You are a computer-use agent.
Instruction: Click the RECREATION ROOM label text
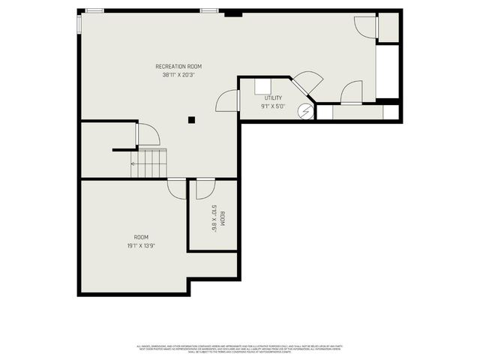(x=178, y=67)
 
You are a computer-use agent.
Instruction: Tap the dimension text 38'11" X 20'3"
(x=178, y=75)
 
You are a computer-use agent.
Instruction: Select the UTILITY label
(x=273, y=98)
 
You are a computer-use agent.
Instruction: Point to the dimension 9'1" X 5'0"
(x=273, y=106)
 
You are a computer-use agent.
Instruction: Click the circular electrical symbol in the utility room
(x=305, y=112)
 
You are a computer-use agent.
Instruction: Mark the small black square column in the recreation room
(x=192, y=119)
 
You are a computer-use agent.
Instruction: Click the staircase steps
(x=148, y=163)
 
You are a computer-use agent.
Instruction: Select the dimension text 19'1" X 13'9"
(x=141, y=245)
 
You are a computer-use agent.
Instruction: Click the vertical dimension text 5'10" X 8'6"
(x=214, y=218)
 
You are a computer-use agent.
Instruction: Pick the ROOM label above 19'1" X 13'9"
(x=141, y=237)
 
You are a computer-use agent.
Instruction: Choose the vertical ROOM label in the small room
(x=223, y=218)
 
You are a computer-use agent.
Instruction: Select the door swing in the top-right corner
(x=365, y=26)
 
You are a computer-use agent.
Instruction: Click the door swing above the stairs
(x=148, y=135)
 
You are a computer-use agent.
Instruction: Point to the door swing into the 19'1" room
(x=177, y=188)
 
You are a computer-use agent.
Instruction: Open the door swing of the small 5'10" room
(x=205, y=188)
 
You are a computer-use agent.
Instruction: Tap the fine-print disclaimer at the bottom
(x=239, y=348)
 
